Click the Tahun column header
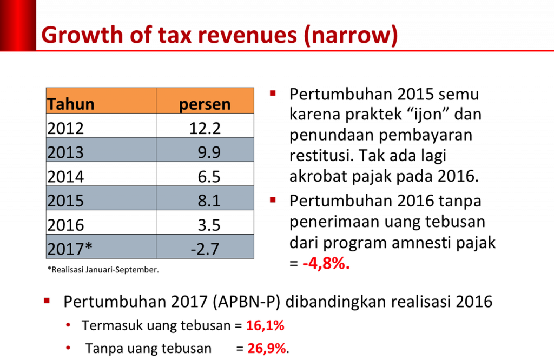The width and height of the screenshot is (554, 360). pyautogui.click(x=71, y=104)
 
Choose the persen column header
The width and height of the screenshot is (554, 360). pyautogui.click(x=205, y=104)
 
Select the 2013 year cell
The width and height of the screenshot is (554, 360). pyautogui.click(x=66, y=152)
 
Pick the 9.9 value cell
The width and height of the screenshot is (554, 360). pyautogui.click(x=209, y=152)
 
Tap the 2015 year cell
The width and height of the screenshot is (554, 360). pyautogui.click(x=66, y=201)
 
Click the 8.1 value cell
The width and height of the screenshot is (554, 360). pyautogui.click(x=209, y=201)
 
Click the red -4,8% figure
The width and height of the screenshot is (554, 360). pyautogui.click(x=326, y=265)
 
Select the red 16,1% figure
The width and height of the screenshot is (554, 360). pyautogui.click(x=265, y=325)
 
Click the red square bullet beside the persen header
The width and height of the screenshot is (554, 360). pyautogui.click(x=273, y=93)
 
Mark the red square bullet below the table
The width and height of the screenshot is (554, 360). pyautogui.click(x=47, y=301)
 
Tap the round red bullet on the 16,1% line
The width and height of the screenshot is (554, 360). pyautogui.click(x=68, y=325)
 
